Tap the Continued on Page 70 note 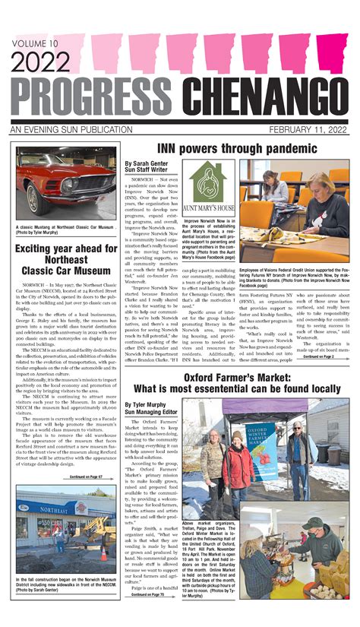coord(152,594)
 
